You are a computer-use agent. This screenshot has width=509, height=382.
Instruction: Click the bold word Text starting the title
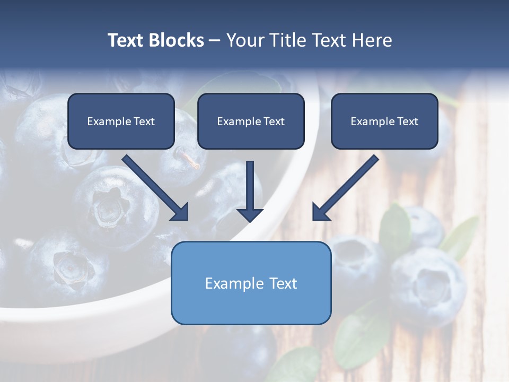[x=127, y=40]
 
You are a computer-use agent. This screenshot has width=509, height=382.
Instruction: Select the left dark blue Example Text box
[x=121, y=121]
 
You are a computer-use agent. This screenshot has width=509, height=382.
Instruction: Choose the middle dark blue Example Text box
[x=251, y=121]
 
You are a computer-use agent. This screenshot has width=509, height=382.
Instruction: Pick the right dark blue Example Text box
[x=384, y=121]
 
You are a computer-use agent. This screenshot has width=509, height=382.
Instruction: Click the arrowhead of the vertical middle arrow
[x=250, y=214]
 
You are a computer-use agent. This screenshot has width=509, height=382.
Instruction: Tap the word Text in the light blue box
[x=283, y=283]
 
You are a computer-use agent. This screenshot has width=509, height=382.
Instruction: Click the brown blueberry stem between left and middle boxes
[x=188, y=159]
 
